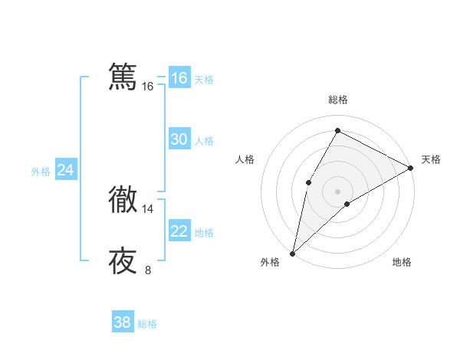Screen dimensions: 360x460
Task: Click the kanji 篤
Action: [x=123, y=77]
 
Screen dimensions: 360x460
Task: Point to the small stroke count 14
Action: [x=148, y=208]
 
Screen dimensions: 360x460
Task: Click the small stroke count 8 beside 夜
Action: [x=148, y=270]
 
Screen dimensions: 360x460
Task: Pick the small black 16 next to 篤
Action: [x=148, y=87]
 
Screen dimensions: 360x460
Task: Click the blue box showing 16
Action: [x=179, y=78]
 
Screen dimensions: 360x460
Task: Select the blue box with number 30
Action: [x=179, y=139]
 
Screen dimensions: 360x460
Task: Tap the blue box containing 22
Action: [x=179, y=231]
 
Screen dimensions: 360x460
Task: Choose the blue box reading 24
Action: [x=66, y=170]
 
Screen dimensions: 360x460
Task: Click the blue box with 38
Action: [x=123, y=322]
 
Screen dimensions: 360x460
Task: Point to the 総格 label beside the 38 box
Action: [x=148, y=324]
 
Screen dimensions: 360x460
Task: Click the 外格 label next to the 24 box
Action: [x=41, y=172]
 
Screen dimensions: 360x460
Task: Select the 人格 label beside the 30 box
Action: [x=205, y=141]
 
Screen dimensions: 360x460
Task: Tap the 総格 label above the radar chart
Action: [x=337, y=100]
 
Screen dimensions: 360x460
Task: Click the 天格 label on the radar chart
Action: [x=431, y=159]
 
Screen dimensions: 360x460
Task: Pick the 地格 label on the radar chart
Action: [x=402, y=262]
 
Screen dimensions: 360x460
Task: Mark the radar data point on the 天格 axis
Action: [x=411, y=168]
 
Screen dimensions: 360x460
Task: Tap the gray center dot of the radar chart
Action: [x=337, y=191]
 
